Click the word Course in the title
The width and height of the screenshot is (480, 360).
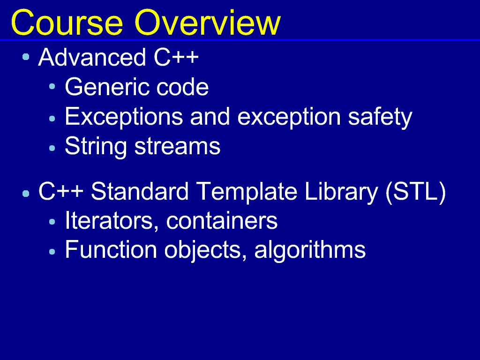pyautogui.click(x=67, y=23)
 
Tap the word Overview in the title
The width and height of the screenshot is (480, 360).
pyautogui.click(x=207, y=23)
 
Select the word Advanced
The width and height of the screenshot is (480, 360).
pyautogui.click(x=92, y=57)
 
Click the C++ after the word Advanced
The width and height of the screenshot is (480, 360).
pyautogui.click(x=176, y=57)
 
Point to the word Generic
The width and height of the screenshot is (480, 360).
pyautogui.click(x=107, y=87)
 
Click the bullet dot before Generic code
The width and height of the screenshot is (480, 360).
pyautogui.click(x=52, y=87)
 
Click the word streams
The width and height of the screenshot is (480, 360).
pyautogui.click(x=177, y=147)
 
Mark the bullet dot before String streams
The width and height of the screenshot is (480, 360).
pyautogui.click(x=52, y=148)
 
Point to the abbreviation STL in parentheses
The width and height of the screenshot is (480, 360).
pyautogui.click(x=415, y=191)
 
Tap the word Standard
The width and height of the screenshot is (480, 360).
pyautogui.click(x=140, y=191)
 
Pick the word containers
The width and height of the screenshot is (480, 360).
pyautogui.click(x=222, y=221)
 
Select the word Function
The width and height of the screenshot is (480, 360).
pyautogui.click(x=111, y=250)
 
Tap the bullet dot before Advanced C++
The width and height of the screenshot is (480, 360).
pyautogui.click(x=26, y=57)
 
